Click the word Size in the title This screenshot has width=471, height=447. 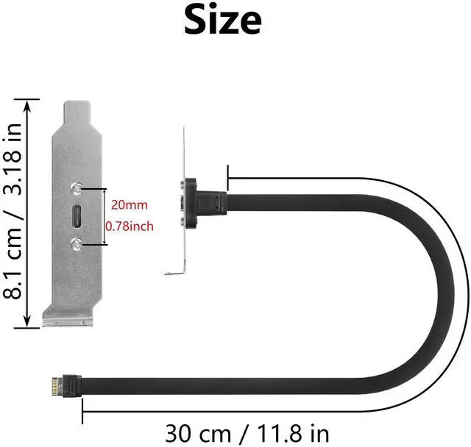tap(222, 21)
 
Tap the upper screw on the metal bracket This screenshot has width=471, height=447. tap(76, 188)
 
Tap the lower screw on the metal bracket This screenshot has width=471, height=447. tap(76, 243)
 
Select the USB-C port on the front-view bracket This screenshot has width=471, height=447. tap(76, 216)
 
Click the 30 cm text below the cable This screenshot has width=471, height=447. tap(194, 432)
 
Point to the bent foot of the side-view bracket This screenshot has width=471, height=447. tap(173, 274)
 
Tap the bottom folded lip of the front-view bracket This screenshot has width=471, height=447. tap(67, 321)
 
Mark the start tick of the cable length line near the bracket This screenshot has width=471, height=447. tap(230, 176)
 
